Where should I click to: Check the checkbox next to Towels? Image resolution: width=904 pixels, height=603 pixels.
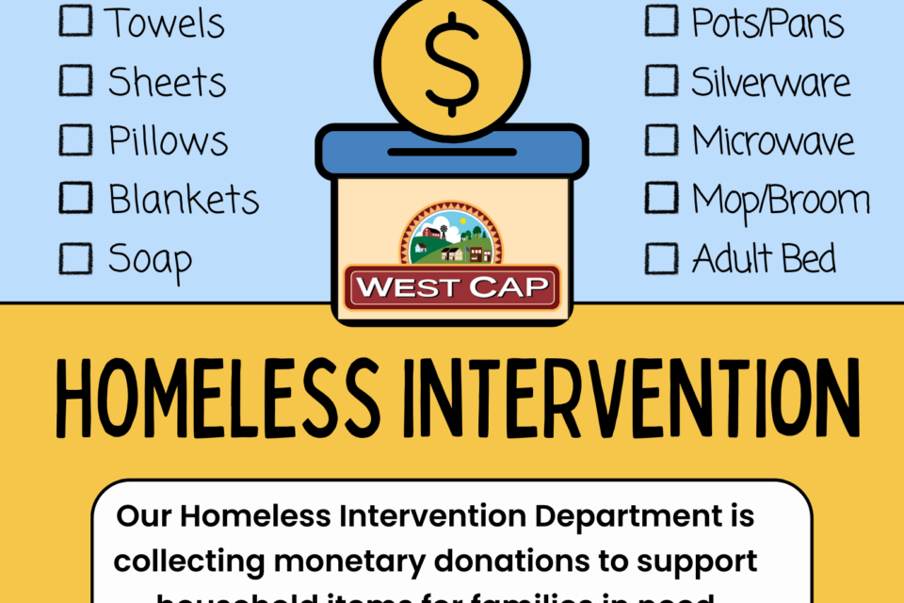pyautogui.click(x=75, y=21)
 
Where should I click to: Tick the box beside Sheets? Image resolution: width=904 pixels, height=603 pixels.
pyautogui.click(x=75, y=80)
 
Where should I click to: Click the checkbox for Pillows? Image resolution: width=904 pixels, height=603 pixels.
pyautogui.click(x=75, y=139)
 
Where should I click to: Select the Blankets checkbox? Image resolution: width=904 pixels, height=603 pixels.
pyautogui.click(x=75, y=199)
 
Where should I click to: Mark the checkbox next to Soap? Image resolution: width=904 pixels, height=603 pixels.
pyautogui.click(x=75, y=258)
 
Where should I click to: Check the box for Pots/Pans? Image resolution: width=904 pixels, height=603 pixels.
pyautogui.click(x=661, y=21)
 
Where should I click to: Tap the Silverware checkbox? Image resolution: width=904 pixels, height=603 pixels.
pyautogui.click(x=661, y=80)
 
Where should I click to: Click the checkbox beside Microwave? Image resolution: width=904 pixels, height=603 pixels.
pyautogui.click(x=661, y=139)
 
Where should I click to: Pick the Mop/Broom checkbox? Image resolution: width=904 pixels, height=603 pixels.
pyautogui.click(x=661, y=199)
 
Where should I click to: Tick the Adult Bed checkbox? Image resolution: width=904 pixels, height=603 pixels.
pyautogui.click(x=661, y=258)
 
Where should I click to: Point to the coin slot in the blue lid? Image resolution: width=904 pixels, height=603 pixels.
pyautogui.click(x=452, y=152)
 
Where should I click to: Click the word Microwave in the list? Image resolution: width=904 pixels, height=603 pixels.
pyautogui.click(x=773, y=141)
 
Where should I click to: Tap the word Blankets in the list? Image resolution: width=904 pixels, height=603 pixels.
pyautogui.click(x=184, y=200)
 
